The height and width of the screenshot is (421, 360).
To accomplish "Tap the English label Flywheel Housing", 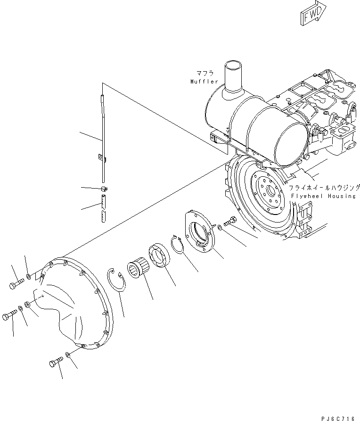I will pos(323,196).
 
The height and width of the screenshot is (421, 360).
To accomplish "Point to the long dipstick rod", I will pos(102,137).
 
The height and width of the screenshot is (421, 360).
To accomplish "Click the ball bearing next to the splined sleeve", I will pos(159,257).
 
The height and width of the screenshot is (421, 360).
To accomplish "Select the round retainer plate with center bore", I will pos(198,231).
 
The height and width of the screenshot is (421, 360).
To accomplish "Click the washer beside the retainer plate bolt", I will pos(221,229).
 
